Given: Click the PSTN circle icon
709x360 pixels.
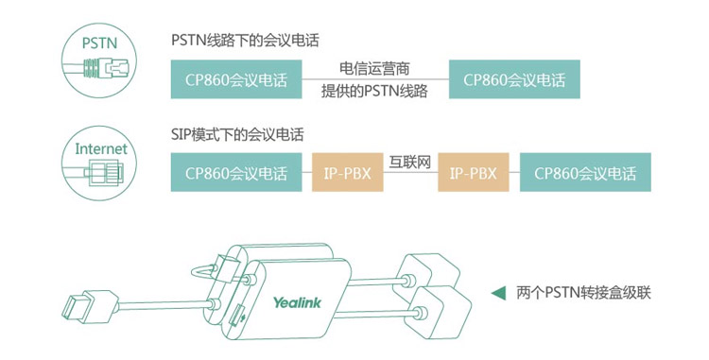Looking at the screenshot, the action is click(x=99, y=60).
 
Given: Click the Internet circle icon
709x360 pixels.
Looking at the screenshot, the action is click(x=99, y=163).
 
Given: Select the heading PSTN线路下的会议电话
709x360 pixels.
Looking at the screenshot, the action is click(x=245, y=41).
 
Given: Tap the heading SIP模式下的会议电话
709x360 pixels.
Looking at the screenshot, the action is click(x=237, y=134).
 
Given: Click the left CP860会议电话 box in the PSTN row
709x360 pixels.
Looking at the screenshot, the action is click(x=236, y=79).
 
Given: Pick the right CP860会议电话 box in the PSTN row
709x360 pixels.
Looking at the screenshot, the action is click(x=514, y=79).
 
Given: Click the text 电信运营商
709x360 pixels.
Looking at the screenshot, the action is click(x=374, y=69).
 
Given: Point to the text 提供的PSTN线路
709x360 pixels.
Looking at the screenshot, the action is click(x=374, y=91).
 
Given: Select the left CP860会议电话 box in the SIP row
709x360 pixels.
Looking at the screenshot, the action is click(x=236, y=172).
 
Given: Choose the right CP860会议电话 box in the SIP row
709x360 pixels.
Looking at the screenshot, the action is click(x=585, y=172).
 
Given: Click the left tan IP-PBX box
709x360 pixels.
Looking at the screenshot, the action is click(x=347, y=172).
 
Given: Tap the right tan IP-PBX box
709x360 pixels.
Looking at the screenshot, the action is click(x=473, y=172).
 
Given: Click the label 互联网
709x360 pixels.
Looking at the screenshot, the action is click(x=410, y=163).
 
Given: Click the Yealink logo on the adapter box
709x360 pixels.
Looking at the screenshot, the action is click(x=297, y=302).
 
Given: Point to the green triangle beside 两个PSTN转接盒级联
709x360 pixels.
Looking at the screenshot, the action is click(x=499, y=293).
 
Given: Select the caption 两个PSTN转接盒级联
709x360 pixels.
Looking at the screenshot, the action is click(x=583, y=293).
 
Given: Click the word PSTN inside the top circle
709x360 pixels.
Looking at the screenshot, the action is click(x=99, y=43).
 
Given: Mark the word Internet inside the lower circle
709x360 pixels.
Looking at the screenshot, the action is click(x=101, y=148).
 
